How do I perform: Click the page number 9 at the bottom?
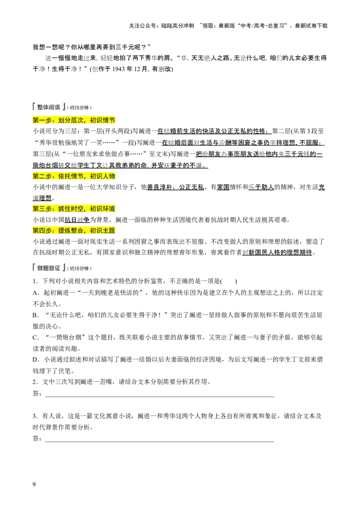(x=34, y=484)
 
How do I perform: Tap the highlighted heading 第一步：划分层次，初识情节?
(x=74, y=121)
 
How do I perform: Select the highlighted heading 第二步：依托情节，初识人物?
(x=74, y=176)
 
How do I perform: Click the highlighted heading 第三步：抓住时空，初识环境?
(x=74, y=209)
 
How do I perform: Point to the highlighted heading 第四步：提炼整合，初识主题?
(x=74, y=231)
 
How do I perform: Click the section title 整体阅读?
(x=49, y=107)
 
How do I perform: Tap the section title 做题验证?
(x=49, y=268)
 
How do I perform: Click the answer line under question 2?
(x=160, y=397)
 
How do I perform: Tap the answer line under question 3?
(x=160, y=442)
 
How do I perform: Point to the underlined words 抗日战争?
(x=77, y=220)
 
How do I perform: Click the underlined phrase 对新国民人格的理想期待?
(x=277, y=253)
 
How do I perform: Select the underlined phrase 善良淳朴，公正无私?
(x=175, y=188)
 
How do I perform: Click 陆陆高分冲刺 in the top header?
(x=178, y=26)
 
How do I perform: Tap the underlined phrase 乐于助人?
(x=261, y=188)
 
